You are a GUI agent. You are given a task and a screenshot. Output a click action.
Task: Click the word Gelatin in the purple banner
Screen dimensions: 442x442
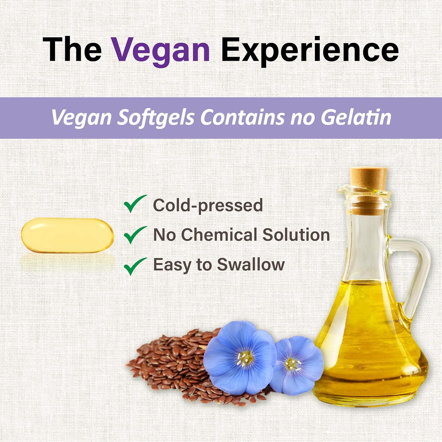pyautogui.click(x=356, y=117)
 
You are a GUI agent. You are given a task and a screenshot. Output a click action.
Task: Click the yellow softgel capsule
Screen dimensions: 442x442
pyautogui.click(x=67, y=235)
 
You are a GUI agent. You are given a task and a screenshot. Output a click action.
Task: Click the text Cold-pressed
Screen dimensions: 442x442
pyautogui.click(x=208, y=205)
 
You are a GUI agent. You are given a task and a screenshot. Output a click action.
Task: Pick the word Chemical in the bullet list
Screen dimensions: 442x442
pyautogui.click(x=219, y=235)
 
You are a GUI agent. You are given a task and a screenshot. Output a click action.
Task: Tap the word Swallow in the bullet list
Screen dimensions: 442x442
pyautogui.click(x=251, y=265)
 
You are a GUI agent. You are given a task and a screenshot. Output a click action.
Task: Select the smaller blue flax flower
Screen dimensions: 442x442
pyautogui.click(x=296, y=365)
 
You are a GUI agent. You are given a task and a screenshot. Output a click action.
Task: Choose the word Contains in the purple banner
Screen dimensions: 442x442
pyautogui.click(x=242, y=117)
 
